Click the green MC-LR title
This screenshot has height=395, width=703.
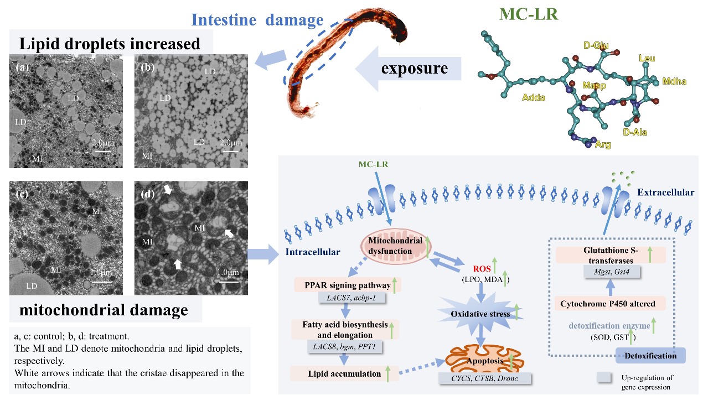[x=529, y=15]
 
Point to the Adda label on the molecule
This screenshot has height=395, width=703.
[x=533, y=98]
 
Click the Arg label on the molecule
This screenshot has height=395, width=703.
[x=603, y=145]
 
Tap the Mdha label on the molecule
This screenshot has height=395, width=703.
[x=674, y=82]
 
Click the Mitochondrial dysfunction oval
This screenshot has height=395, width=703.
[x=396, y=245]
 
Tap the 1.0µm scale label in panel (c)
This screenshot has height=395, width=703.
[x=102, y=272]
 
